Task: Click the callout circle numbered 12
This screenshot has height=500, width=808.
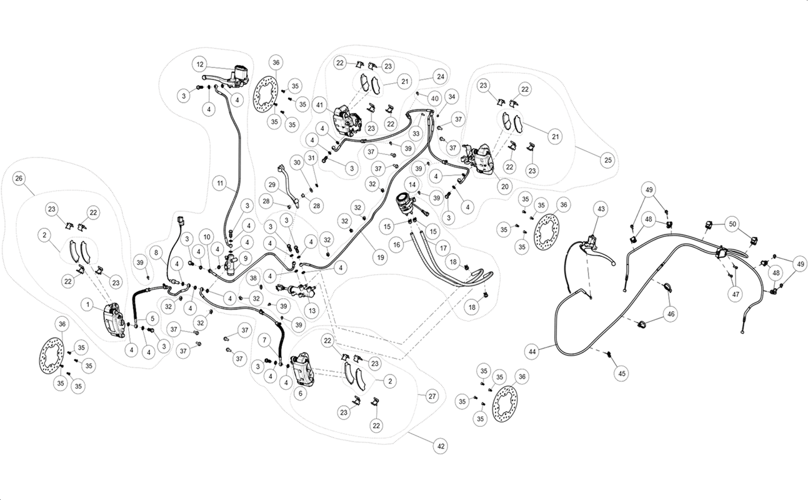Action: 200,64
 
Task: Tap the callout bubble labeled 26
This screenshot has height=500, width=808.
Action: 19,178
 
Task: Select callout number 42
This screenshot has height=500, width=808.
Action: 441,446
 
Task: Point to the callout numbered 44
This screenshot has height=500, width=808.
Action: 532,351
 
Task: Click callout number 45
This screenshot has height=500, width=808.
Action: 622,373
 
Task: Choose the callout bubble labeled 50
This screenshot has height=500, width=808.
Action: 732,224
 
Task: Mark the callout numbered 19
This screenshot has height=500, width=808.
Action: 380,257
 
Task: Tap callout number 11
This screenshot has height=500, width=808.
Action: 220,183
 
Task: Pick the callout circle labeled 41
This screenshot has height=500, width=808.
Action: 319,105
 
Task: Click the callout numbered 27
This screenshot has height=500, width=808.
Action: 432,396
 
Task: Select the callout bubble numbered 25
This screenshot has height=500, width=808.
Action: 608,160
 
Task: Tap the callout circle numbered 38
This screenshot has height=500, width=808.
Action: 254,278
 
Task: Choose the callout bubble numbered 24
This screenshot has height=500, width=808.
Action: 441,76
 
